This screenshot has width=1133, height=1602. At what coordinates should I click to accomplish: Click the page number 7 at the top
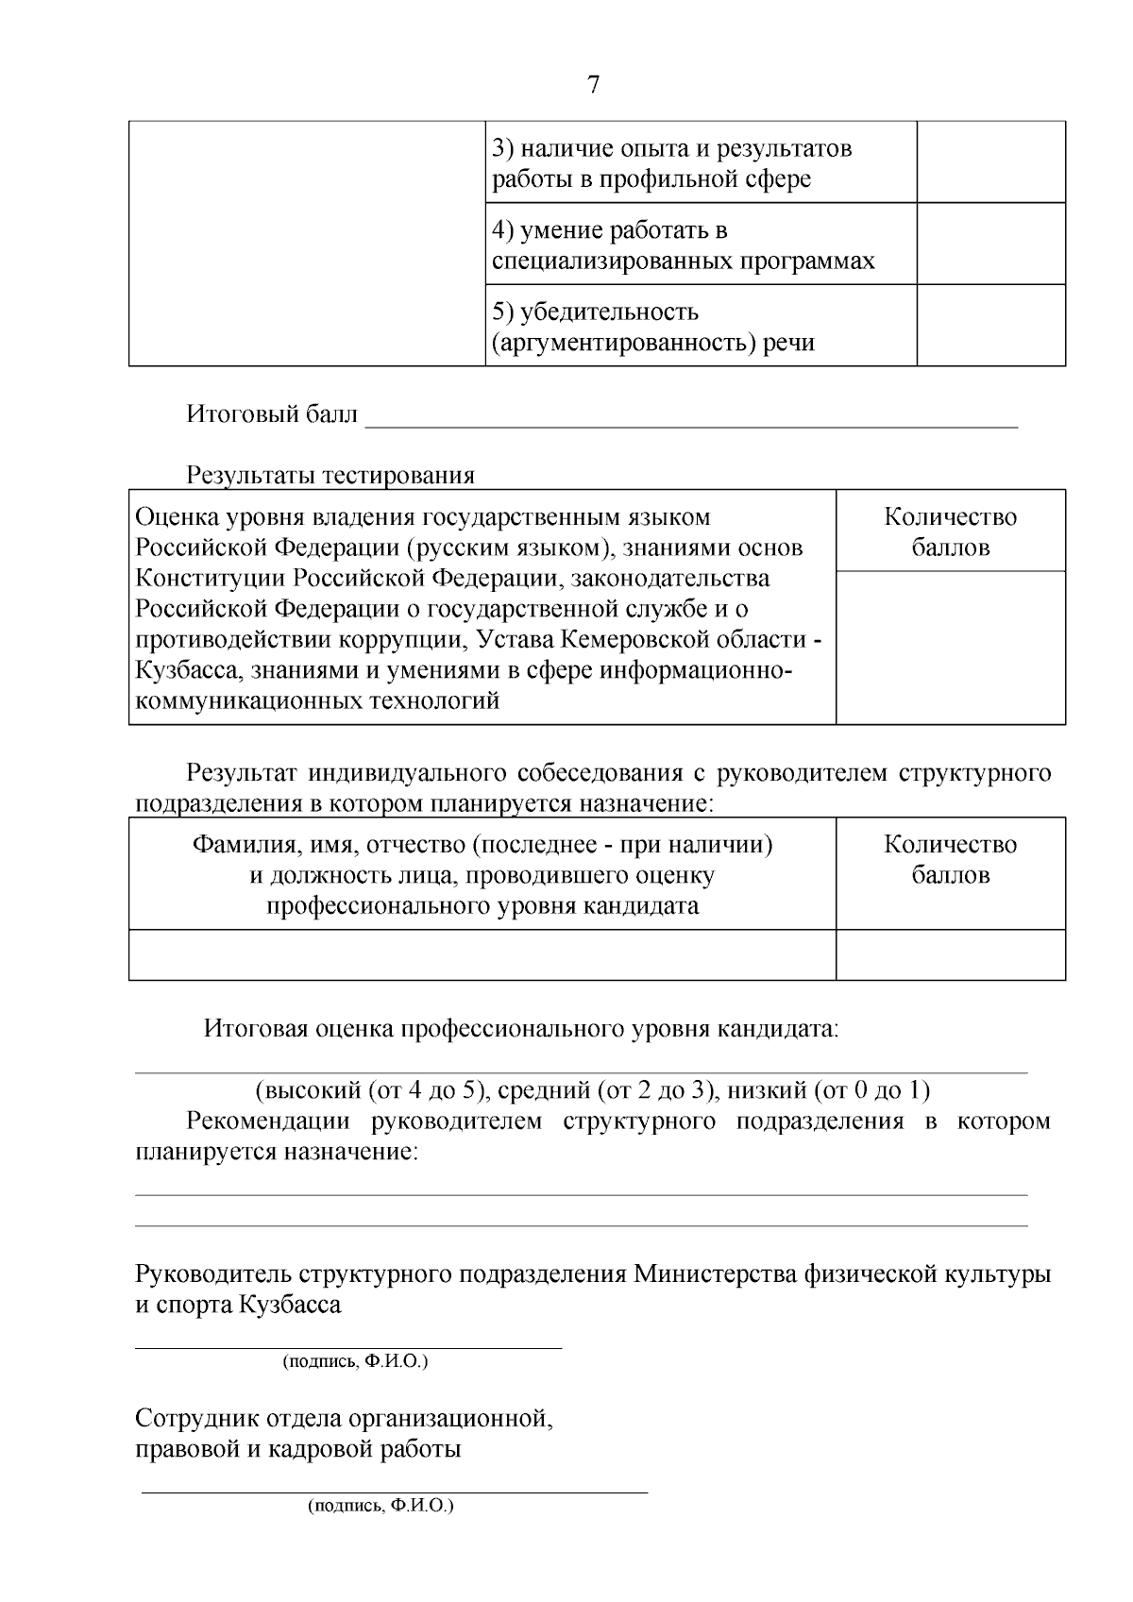(593, 85)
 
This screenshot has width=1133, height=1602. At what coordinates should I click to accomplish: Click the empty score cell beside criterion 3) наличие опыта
(990, 161)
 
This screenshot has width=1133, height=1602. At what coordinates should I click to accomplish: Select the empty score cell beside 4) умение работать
(990, 244)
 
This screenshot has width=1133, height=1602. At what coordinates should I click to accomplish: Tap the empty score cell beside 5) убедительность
(990, 325)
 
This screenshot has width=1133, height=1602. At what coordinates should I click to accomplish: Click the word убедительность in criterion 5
(609, 312)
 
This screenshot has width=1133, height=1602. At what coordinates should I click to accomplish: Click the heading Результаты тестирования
(330, 475)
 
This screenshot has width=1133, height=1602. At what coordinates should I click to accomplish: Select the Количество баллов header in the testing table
(950, 531)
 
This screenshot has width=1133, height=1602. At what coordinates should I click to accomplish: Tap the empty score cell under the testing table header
(950, 648)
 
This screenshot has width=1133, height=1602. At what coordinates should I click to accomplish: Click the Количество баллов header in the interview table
(950, 859)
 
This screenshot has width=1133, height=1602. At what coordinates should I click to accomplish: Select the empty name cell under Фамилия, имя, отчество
(482, 954)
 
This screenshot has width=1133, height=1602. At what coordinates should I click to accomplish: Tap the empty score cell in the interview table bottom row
(950, 954)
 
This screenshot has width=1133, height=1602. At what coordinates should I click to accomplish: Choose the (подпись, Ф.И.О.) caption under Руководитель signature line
(355, 1361)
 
